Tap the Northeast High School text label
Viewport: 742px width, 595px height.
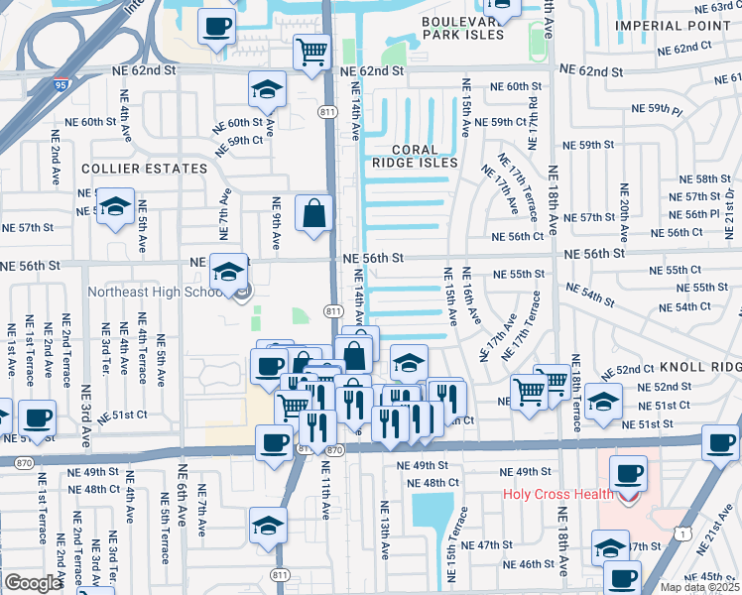pos(160,292)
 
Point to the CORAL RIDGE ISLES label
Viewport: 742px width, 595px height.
pos(416,155)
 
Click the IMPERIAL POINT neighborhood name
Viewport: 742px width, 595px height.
pos(678,25)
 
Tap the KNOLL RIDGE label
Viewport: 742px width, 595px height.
pos(706,366)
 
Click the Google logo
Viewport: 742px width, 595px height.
pos(33,583)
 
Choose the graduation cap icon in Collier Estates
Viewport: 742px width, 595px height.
pos(116,207)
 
